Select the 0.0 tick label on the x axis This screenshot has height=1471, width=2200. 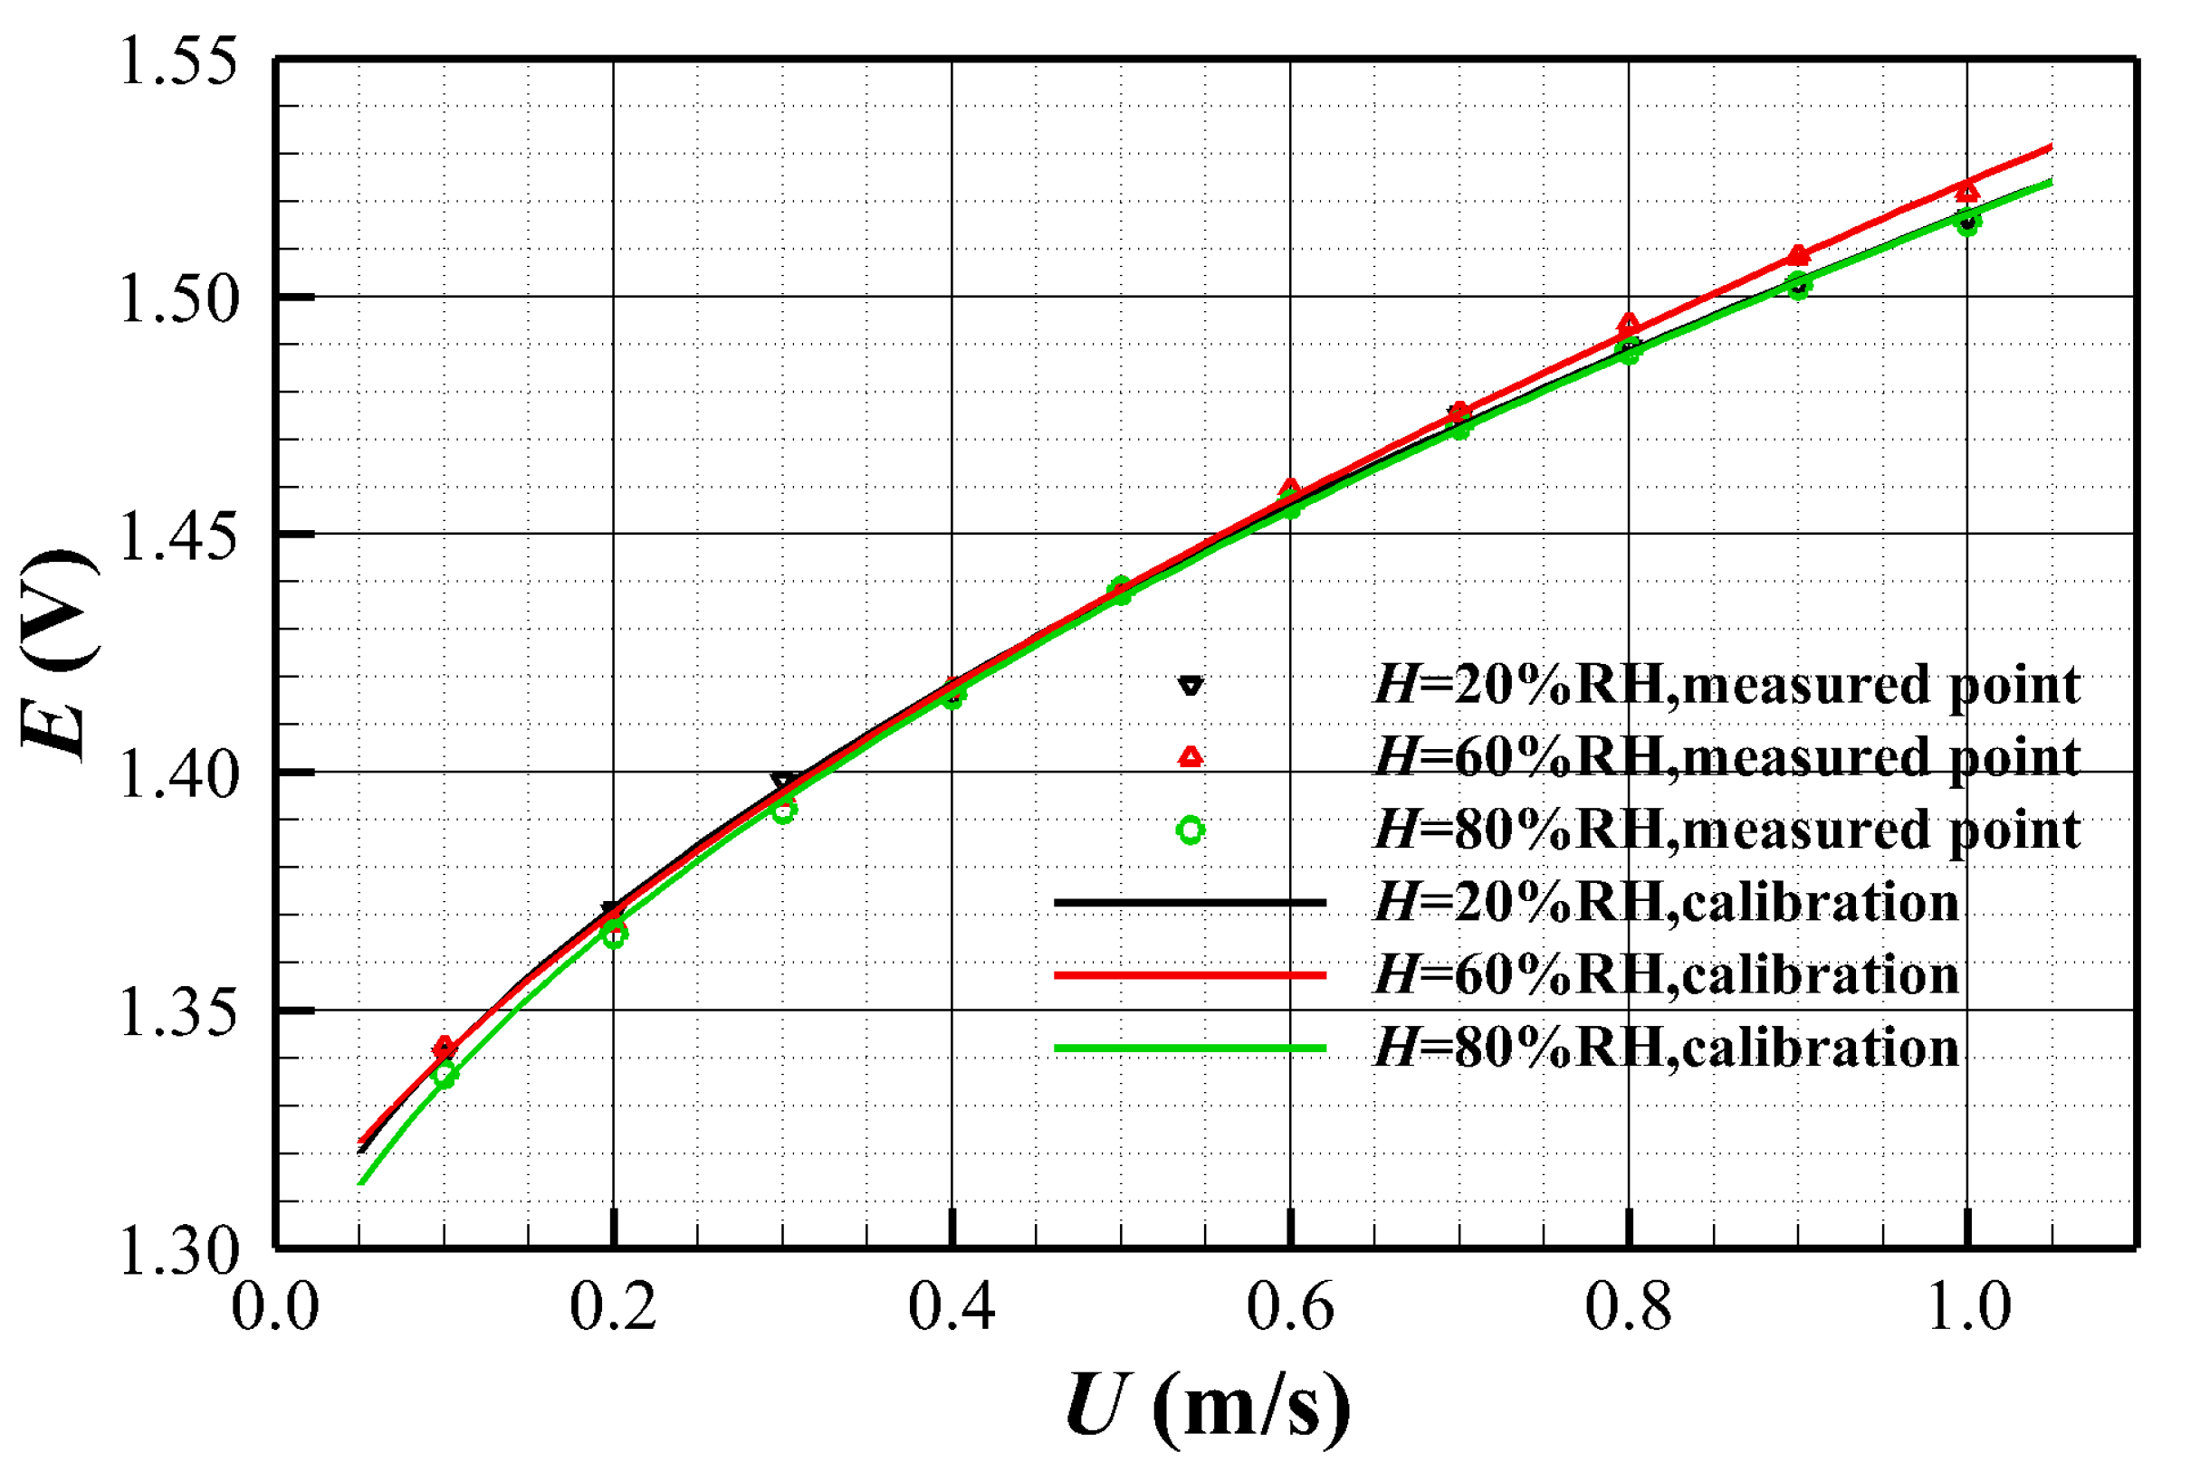click(275, 1308)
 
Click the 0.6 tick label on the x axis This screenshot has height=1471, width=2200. click(1289, 1308)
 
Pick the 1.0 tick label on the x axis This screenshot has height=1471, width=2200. click(1968, 1308)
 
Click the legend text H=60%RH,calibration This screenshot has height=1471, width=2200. click(1667, 974)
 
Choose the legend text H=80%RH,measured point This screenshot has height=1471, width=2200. click(1727, 830)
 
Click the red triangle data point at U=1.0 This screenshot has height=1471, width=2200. click(1967, 193)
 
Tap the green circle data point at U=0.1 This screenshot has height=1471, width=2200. click(445, 1075)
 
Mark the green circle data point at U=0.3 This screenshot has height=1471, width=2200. click(784, 811)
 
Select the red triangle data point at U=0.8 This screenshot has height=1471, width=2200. click(1630, 324)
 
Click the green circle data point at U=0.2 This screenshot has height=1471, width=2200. click(614, 935)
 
